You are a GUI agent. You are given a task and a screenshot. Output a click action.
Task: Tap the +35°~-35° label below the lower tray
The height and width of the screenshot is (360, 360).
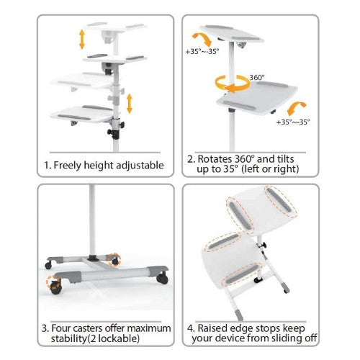(x=292, y=123)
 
